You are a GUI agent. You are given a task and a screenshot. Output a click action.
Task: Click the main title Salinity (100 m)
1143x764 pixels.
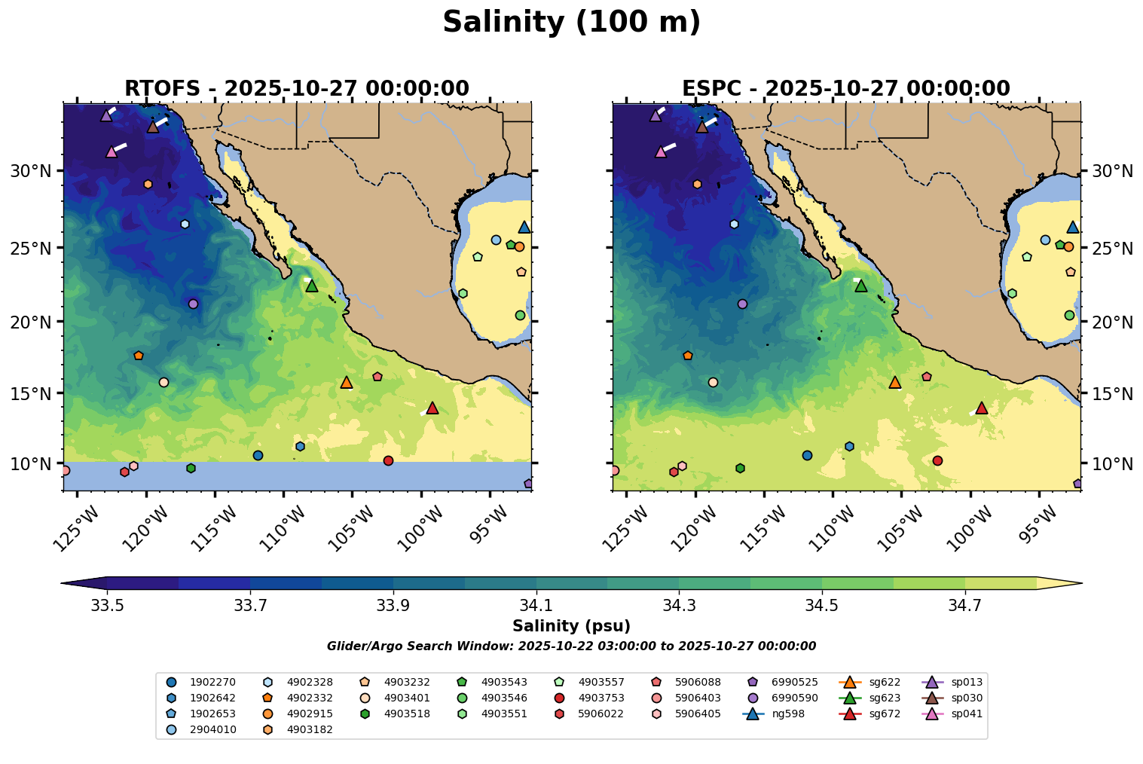(571, 23)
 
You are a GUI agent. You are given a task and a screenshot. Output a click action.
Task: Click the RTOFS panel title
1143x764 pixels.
(297, 89)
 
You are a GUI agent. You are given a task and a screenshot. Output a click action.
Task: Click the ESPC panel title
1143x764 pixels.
(845, 89)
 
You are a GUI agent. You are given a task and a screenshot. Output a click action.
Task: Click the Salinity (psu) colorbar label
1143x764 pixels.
(571, 626)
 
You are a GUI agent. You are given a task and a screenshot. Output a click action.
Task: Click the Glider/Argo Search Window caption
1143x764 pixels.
(571, 646)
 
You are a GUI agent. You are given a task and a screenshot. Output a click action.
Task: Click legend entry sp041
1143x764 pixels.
(966, 714)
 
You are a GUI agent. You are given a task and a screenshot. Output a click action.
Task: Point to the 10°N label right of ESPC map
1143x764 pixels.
(1112, 463)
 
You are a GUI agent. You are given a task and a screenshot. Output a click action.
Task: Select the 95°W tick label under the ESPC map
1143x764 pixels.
(1041, 521)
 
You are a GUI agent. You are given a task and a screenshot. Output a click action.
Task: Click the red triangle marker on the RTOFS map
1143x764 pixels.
(432, 408)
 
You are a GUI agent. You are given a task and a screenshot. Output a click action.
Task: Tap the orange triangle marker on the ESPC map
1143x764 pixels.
(895, 382)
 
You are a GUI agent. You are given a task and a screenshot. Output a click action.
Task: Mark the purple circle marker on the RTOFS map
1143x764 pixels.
(193, 304)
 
